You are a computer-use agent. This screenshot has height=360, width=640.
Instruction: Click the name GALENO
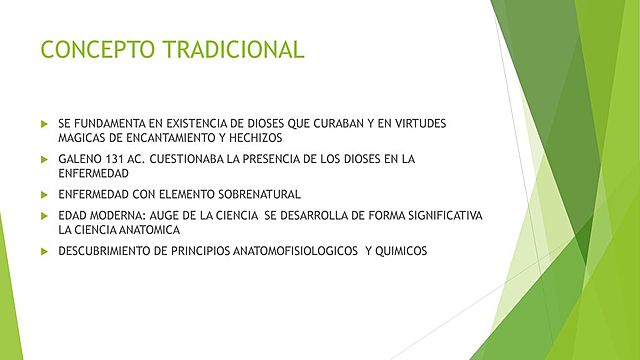pos(80,159)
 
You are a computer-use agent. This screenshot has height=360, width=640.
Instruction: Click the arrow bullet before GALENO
pos(44,159)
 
